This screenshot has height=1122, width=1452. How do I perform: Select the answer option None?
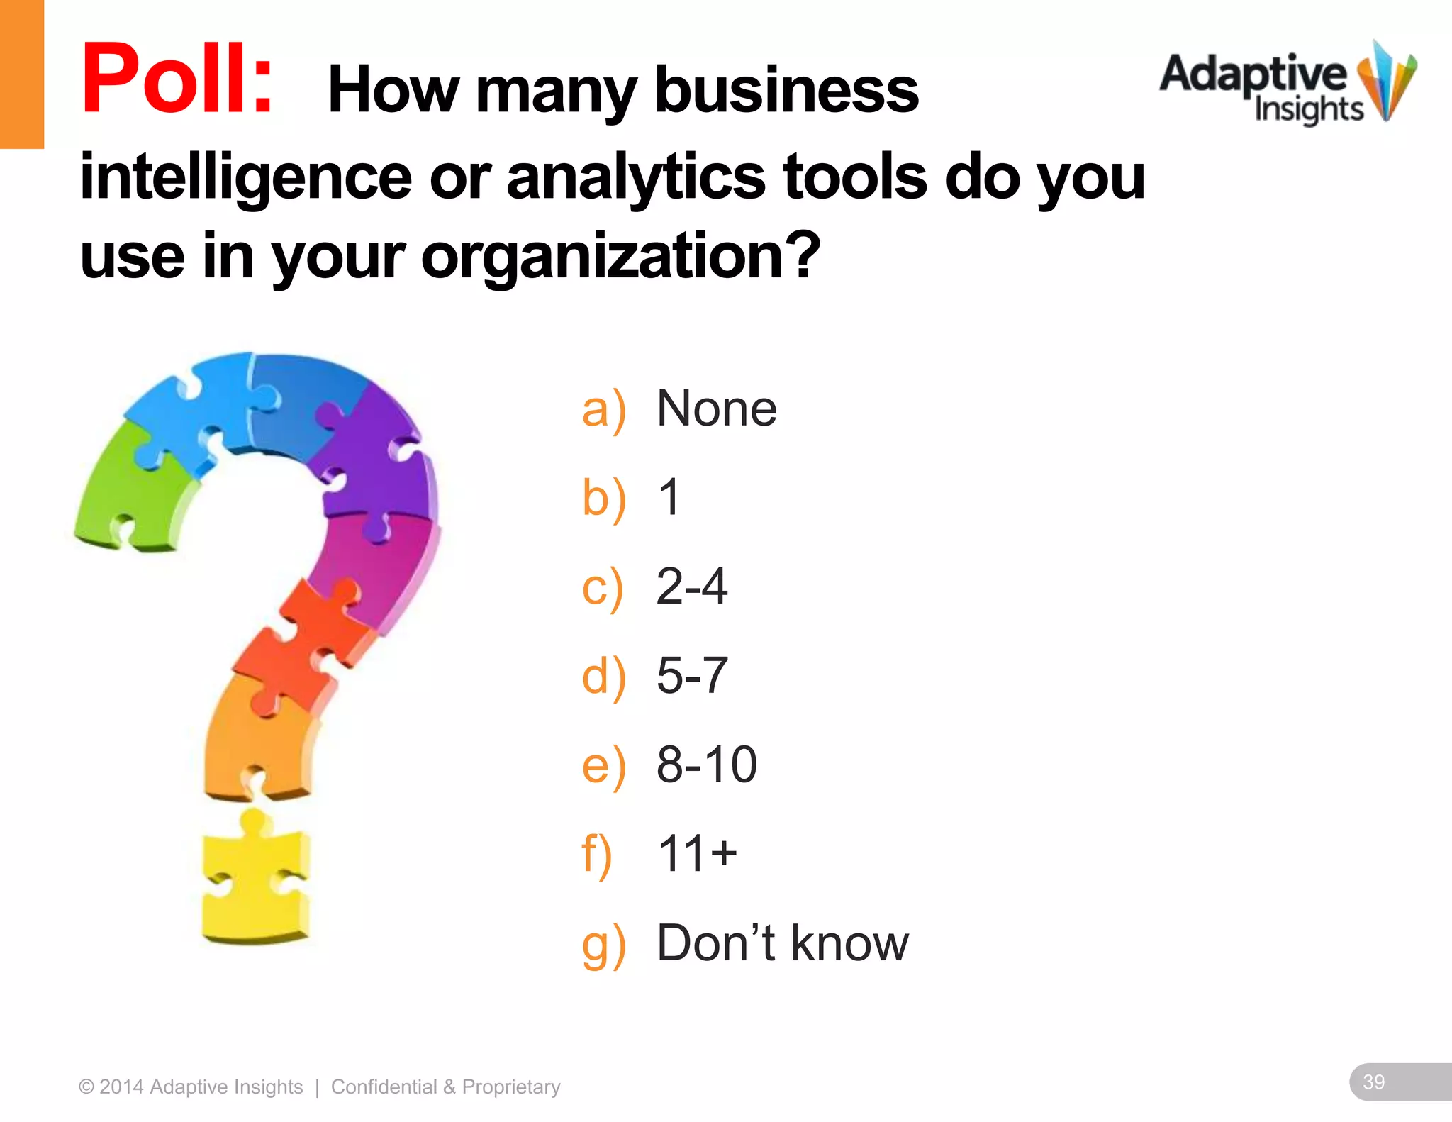(x=716, y=409)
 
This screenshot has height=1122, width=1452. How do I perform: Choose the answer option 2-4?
(x=691, y=587)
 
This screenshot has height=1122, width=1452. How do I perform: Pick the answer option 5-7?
(x=691, y=675)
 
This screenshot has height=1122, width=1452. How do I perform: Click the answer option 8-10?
(x=706, y=765)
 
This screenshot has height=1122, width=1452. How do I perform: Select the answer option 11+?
(x=697, y=853)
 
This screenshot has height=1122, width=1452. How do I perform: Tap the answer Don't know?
(x=782, y=943)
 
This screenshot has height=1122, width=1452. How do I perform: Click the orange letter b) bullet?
(x=603, y=499)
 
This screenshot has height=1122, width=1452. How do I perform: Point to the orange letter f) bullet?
(x=596, y=855)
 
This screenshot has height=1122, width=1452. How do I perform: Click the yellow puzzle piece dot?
(x=255, y=879)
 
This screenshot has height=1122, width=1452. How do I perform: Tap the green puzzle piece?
(x=135, y=489)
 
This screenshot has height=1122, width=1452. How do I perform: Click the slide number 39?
(x=1373, y=1082)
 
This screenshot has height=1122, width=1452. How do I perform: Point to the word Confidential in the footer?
(x=384, y=1087)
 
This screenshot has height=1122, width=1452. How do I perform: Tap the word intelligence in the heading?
(x=245, y=177)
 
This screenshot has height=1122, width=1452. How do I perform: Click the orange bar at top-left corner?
(x=21, y=74)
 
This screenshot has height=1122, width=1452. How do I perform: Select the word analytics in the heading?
(x=635, y=177)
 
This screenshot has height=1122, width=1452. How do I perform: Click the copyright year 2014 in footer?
(x=121, y=1087)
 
